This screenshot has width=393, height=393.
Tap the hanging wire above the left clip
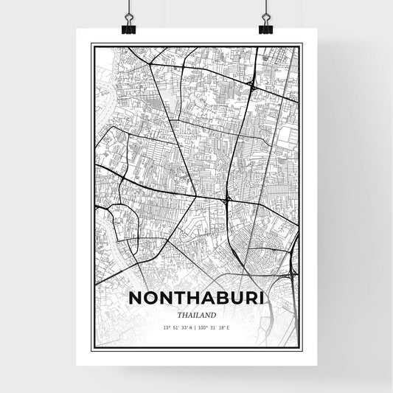[x=129, y=9]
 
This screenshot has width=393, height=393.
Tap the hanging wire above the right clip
[x=265, y=9]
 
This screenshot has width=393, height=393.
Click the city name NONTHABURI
[x=195, y=298]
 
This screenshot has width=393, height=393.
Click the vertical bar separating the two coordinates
[x=196, y=327]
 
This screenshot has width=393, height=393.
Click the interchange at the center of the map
[x=228, y=199]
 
